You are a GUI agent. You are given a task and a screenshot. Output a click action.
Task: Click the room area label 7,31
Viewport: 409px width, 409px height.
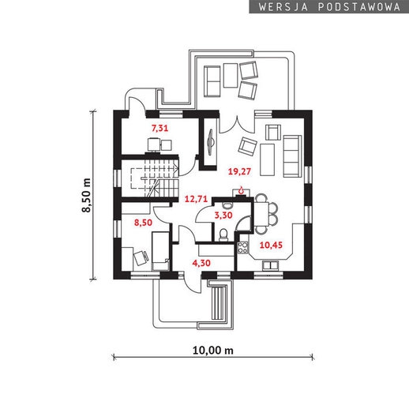159,128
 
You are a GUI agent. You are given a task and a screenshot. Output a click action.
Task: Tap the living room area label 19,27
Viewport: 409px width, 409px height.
239,171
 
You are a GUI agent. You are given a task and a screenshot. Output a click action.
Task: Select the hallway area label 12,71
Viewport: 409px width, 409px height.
196,199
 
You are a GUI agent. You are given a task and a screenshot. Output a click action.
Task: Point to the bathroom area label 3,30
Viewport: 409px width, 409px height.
223,216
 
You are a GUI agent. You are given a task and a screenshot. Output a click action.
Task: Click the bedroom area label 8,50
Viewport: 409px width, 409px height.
143,223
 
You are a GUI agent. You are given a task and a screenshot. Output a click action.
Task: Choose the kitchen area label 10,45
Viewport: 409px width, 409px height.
271,246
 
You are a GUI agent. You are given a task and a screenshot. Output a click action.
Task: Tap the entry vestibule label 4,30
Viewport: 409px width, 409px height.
201,263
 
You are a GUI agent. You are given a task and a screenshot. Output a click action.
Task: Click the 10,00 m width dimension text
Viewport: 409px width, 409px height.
213,351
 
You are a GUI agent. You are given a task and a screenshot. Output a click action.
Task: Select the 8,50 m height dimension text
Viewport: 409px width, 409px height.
86,195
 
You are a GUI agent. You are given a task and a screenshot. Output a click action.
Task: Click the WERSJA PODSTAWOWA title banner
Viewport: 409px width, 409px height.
329,7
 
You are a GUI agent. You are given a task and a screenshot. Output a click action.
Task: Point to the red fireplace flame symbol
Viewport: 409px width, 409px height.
241,190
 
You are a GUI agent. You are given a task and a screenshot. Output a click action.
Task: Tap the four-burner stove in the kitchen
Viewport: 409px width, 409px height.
242,247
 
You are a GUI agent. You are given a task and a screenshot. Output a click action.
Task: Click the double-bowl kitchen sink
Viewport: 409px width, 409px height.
270,265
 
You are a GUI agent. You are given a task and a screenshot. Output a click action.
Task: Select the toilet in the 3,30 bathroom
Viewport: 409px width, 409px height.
223,235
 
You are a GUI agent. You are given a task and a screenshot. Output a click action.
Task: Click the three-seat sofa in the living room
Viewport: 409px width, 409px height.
292,156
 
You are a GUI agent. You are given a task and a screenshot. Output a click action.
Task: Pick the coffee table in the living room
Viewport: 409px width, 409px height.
267,159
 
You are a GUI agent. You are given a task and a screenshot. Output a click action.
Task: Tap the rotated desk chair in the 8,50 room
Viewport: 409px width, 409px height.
141,257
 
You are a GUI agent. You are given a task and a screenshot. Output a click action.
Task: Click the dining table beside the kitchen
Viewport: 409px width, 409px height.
261,214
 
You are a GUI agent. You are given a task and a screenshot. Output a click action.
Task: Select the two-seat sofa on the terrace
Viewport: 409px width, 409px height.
212,81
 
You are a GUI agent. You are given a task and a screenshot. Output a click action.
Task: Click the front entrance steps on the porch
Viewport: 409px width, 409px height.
218,302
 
